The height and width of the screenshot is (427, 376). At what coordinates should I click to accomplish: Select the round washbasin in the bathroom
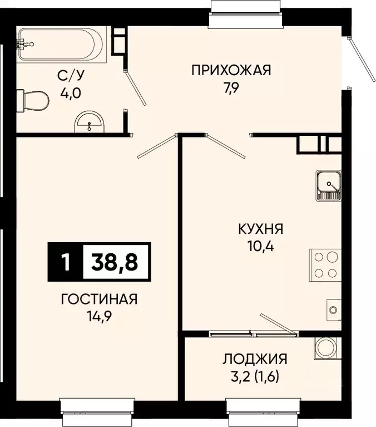click(88, 122)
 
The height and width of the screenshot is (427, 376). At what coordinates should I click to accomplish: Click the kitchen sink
click(328, 185)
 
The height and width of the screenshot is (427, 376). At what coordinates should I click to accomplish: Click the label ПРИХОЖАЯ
click(231, 70)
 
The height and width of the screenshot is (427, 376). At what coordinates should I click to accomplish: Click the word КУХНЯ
click(261, 229)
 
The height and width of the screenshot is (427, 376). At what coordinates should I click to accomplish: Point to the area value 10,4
click(261, 246)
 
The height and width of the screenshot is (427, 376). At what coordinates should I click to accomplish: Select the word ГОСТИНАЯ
click(99, 300)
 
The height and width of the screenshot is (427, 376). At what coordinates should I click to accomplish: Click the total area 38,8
click(116, 261)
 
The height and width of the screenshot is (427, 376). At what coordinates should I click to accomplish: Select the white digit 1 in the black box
click(66, 261)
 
